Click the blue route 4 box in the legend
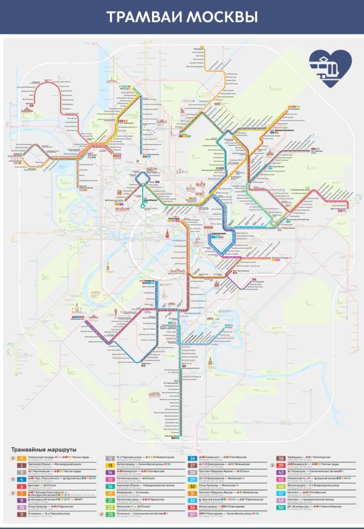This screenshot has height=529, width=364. click(x=22, y=479)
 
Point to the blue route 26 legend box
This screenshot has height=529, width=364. click(x=192, y=458)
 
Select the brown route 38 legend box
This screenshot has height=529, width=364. click(x=281, y=458)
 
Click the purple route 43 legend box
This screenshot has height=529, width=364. click(x=281, y=472)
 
